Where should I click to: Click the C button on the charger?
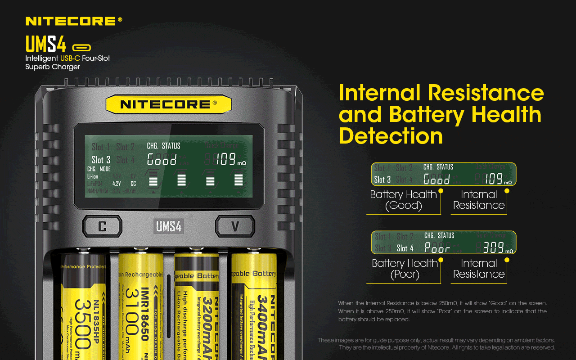[102, 226]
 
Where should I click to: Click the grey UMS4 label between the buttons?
[169, 226]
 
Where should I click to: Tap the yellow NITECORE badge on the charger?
[168, 104]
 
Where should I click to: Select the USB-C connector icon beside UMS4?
[81, 47]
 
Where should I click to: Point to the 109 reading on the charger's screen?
[226, 159]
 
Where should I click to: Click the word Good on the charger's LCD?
[162, 159]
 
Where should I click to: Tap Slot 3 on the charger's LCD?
[101, 160]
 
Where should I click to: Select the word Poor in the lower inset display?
[437, 248]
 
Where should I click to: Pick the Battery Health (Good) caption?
[403, 200]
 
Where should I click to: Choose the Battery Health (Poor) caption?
[405, 269]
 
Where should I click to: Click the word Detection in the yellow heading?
[391, 135]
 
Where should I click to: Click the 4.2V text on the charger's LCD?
[117, 184]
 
